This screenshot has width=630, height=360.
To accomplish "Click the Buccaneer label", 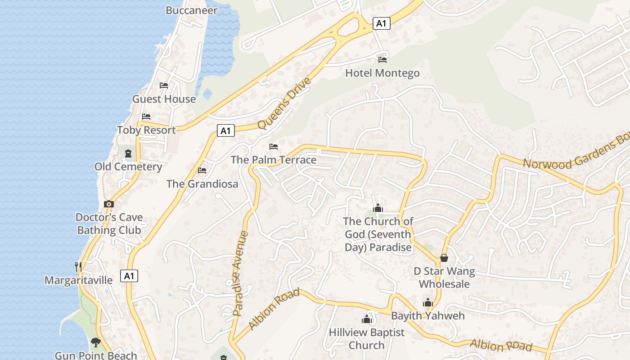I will pos(192,10).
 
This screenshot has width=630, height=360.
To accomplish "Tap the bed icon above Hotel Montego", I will pos(382,59).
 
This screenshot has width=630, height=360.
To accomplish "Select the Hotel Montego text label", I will pos(382,73).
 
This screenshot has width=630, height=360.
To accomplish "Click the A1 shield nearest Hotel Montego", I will pos(381,23).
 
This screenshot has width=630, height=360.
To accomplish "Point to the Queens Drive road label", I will pos(284,103).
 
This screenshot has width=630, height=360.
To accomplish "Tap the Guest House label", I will pos(164,99).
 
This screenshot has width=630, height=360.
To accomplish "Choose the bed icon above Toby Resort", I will pos(146,117).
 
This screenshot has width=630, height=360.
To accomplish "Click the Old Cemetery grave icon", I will pos(129,153).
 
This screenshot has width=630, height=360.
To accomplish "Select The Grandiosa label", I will pos(202,184).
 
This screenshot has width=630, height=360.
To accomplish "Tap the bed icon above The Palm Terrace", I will pos(273,147).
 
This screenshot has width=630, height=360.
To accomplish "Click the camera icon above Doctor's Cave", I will pos(108,204).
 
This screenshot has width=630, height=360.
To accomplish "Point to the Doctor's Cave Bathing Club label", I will pos(109,224).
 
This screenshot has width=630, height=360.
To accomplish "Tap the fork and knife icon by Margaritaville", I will pos(78,266).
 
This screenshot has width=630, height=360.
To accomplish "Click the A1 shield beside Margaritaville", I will pos(129,276).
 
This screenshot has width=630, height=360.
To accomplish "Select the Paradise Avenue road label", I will pos(241,273).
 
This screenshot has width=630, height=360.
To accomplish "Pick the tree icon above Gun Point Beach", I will pos(95,342).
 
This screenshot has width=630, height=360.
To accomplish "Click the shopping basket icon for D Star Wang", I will pos(444,258).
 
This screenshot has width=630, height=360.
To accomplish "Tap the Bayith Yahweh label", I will pos(427,315).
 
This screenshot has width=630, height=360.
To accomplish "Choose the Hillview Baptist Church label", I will pos(366,339).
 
